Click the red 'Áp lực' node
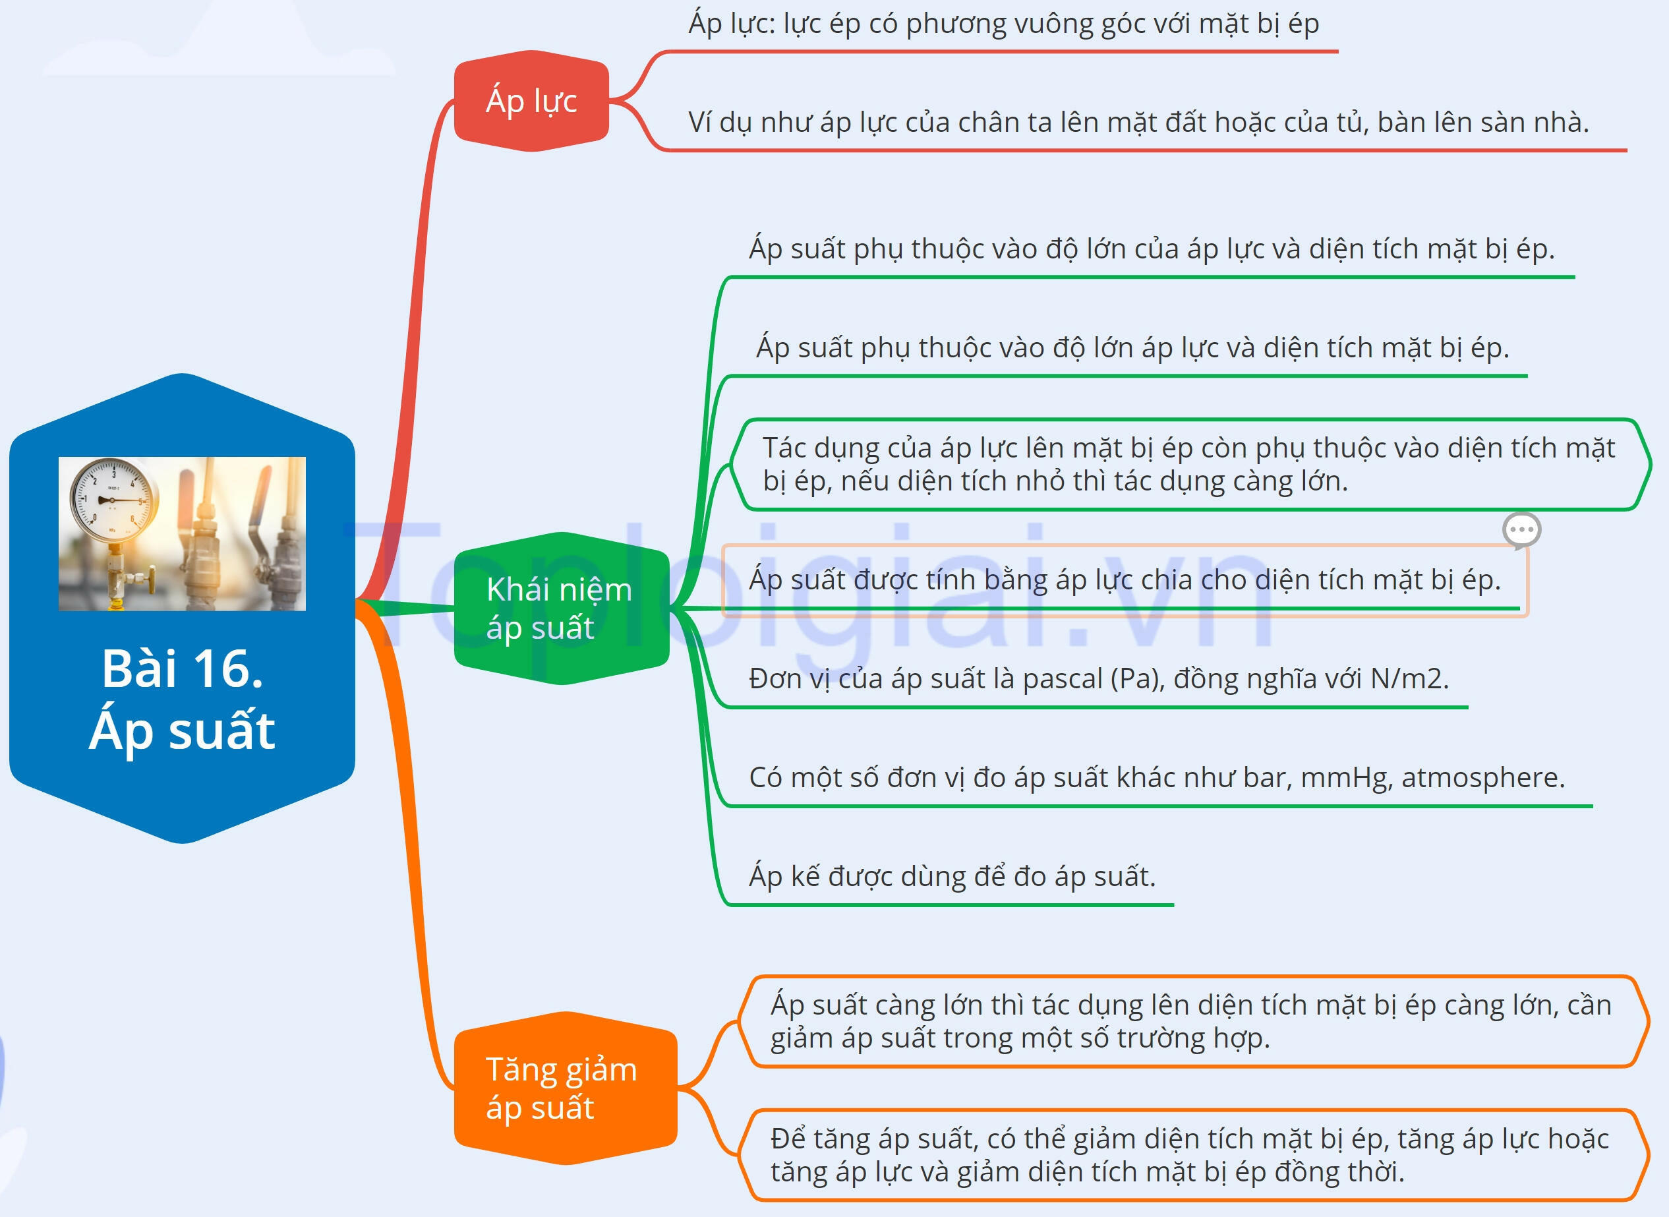click(x=531, y=101)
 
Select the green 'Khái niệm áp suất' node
click(x=561, y=608)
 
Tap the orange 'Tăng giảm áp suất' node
click(x=565, y=1088)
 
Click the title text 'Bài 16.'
click(x=182, y=669)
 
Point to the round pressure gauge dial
click(x=113, y=501)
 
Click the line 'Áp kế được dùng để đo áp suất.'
click(x=952, y=877)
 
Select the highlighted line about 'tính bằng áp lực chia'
click(x=1125, y=579)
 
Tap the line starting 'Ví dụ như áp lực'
click(x=1138, y=122)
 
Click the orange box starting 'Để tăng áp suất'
click(x=1194, y=1155)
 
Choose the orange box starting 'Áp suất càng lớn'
click(x=1194, y=1021)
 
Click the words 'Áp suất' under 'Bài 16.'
click(x=182, y=732)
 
